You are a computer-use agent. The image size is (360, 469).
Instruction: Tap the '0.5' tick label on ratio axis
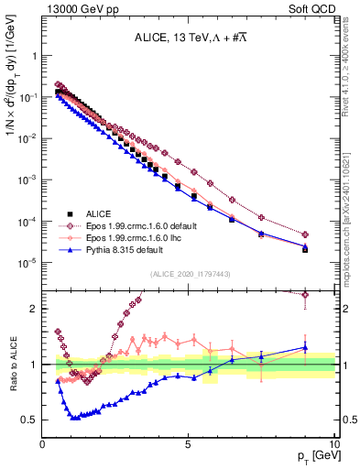30,420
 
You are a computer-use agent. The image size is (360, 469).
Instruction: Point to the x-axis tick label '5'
189,444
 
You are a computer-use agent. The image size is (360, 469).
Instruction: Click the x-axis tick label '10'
334,444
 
